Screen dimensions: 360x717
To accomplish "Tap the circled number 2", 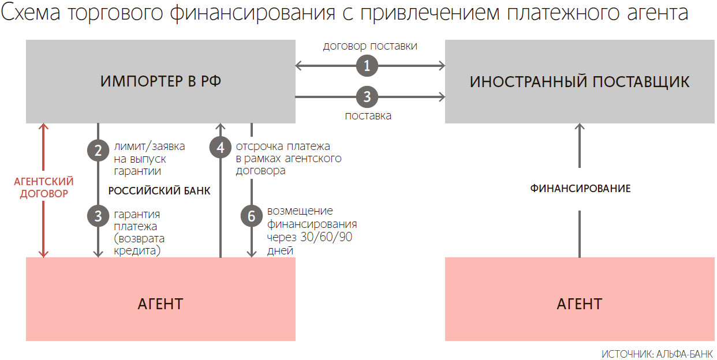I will point(98,151).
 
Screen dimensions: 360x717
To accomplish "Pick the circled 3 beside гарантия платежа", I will point(98,216).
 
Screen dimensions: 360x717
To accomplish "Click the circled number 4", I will point(220,148).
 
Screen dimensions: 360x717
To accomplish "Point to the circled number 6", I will point(251,216).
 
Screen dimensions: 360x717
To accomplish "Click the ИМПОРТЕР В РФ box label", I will point(160,81).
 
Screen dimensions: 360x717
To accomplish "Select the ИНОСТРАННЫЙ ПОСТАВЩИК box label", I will point(579,81).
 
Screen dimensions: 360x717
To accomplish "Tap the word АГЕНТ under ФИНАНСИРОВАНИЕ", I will point(579,303).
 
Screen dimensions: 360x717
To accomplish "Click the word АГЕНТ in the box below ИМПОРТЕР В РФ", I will point(160,303).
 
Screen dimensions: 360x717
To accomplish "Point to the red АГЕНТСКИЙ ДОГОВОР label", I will point(44,188).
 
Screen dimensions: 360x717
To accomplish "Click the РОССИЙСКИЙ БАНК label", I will point(159,191).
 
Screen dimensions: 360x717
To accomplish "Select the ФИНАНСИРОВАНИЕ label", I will point(580,189).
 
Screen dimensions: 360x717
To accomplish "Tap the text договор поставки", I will point(370,46).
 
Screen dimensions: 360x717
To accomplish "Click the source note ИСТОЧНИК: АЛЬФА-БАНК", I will point(657,353).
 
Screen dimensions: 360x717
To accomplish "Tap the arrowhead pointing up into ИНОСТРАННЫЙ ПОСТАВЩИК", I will point(580,127).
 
